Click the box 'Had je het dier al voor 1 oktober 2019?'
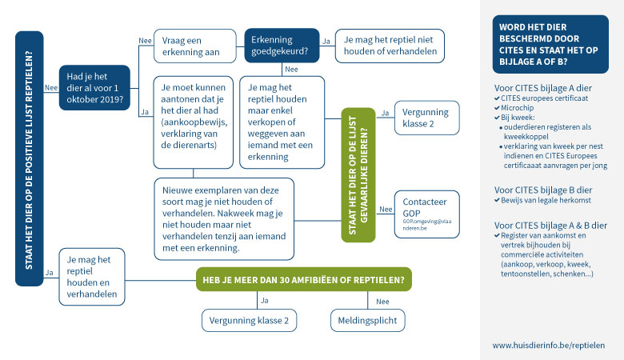point(94,87)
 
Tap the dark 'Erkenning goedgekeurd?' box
point(281,46)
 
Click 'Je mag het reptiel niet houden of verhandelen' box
point(390,46)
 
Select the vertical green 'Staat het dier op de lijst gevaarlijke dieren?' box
point(358,174)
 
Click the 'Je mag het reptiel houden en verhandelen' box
point(93,276)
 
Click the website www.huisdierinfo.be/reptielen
point(548,345)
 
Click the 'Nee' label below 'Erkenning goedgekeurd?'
point(291,69)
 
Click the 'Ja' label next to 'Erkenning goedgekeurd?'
point(326,39)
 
